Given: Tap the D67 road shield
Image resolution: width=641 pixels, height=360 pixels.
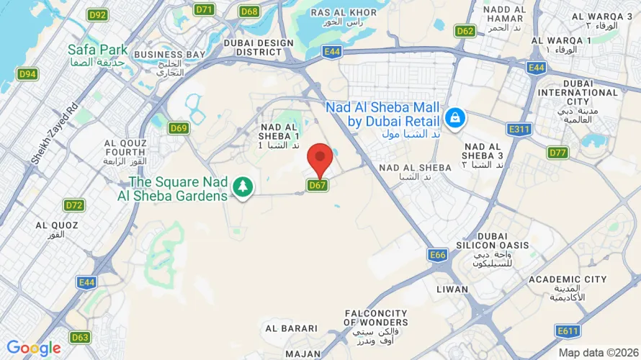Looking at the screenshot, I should click(x=318, y=185).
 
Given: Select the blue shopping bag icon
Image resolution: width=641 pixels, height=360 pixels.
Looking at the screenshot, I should click(x=455, y=116).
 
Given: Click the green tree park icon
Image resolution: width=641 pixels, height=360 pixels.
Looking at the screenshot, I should click(x=243, y=187).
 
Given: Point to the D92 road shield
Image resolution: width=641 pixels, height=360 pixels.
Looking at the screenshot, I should click(x=97, y=14).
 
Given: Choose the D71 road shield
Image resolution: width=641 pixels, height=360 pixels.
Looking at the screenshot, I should click(x=205, y=9).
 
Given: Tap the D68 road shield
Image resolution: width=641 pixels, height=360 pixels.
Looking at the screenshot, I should click(x=250, y=11).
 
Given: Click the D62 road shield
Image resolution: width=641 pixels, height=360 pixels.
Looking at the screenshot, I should click(x=465, y=31).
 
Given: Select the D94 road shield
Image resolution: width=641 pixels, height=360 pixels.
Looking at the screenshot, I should click(x=28, y=73).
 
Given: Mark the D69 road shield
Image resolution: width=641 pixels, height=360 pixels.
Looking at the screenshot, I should click(x=179, y=128).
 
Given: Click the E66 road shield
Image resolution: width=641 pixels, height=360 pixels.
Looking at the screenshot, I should click(x=437, y=255).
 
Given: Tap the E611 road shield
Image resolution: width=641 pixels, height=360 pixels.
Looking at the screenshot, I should click(x=568, y=330).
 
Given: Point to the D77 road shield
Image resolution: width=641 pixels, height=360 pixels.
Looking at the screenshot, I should click(x=557, y=153).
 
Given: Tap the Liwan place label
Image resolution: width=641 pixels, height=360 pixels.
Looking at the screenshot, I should click(x=452, y=289).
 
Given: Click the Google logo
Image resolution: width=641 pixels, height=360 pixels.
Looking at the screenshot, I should click(x=33, y=348).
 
